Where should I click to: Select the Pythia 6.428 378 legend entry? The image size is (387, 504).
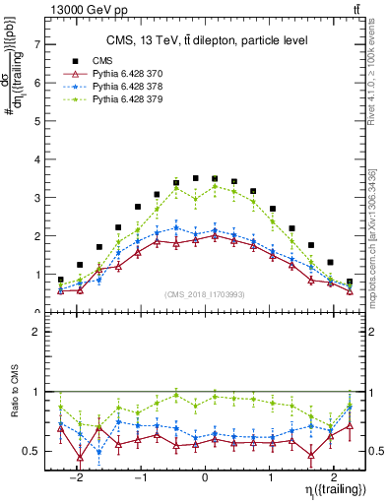click(126, 86)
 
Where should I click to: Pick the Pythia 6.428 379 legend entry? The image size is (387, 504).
click(126, 99)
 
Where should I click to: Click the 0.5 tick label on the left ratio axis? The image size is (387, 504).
click(32, 451)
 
